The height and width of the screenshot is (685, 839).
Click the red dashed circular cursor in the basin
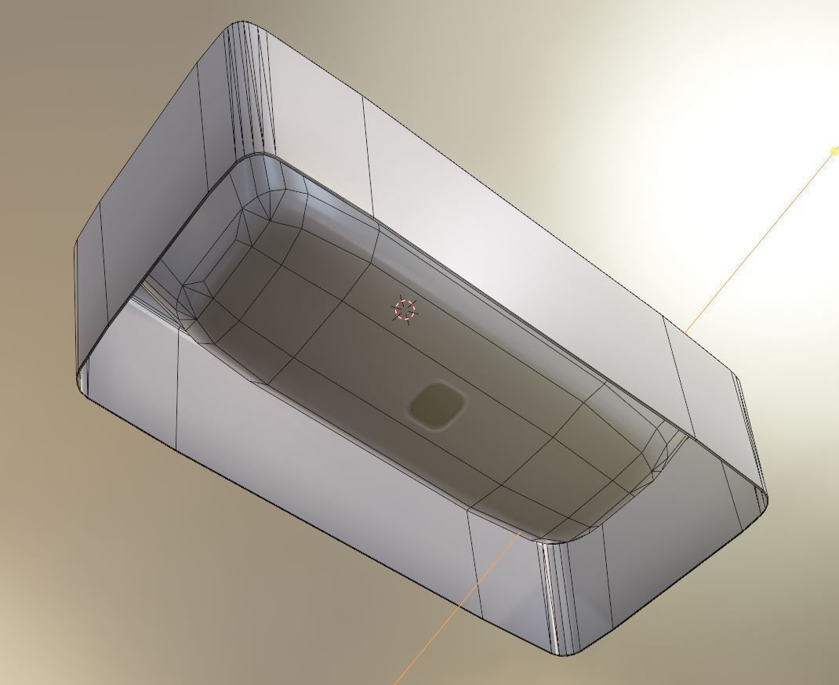point(405,310)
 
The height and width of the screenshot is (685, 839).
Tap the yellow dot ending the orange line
point(834,150)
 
